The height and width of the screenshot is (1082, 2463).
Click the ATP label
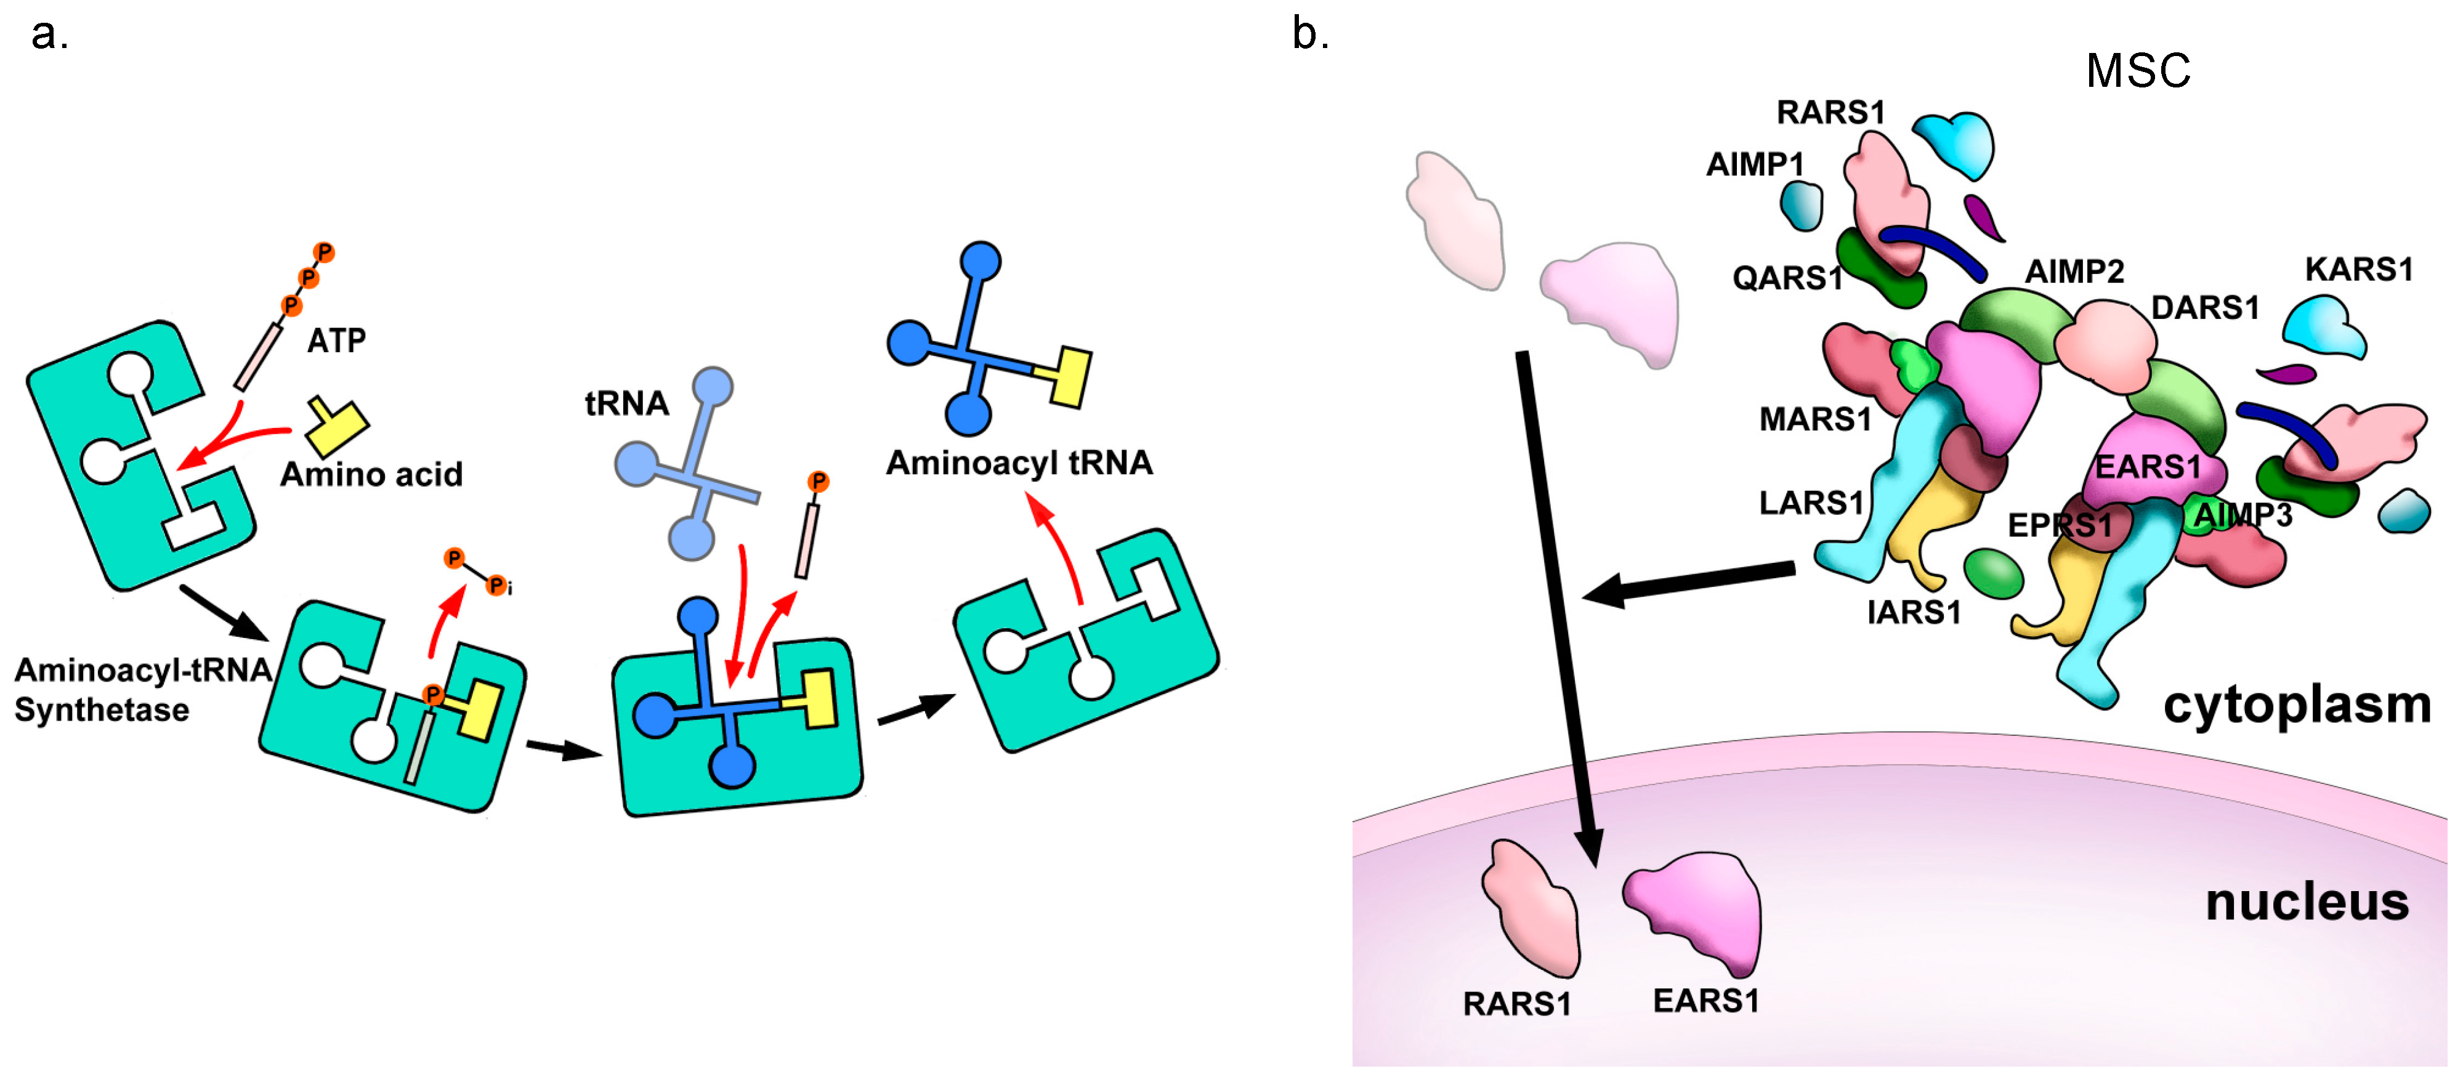coord(336,341)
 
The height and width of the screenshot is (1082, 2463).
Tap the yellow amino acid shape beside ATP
coord(336,426)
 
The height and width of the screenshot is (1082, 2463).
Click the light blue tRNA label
coord(626,403)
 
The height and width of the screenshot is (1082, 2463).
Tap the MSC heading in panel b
coord(2138,71)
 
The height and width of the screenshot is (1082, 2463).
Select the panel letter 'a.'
coord(50,34)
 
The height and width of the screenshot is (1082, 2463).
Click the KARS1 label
coord(2359,270)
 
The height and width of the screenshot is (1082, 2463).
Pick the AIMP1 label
coord(1755,164)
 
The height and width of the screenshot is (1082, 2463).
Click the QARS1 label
coord(1786,278)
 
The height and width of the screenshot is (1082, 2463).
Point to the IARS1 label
coord(1913,612)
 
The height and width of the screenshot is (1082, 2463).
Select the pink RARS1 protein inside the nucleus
coord(1531,908)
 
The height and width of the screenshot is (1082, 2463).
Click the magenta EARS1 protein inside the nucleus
coord(1697,908)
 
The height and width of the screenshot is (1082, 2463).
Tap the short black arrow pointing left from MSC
coord(1688,583)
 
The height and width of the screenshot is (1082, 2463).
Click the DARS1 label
coord(2205,308)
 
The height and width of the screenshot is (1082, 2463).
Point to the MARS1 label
coord(1814,419)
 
